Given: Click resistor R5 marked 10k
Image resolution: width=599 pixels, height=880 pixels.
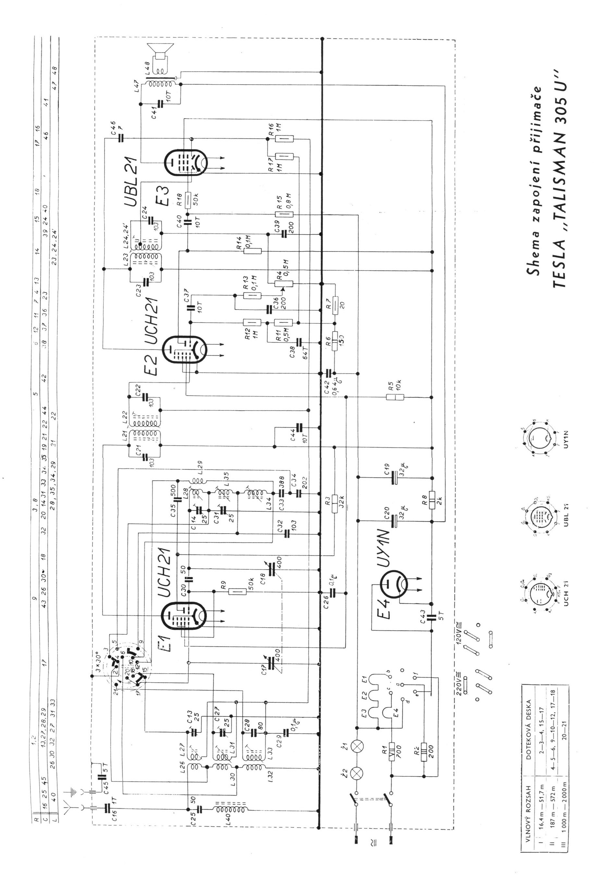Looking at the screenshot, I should pos(395,397).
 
